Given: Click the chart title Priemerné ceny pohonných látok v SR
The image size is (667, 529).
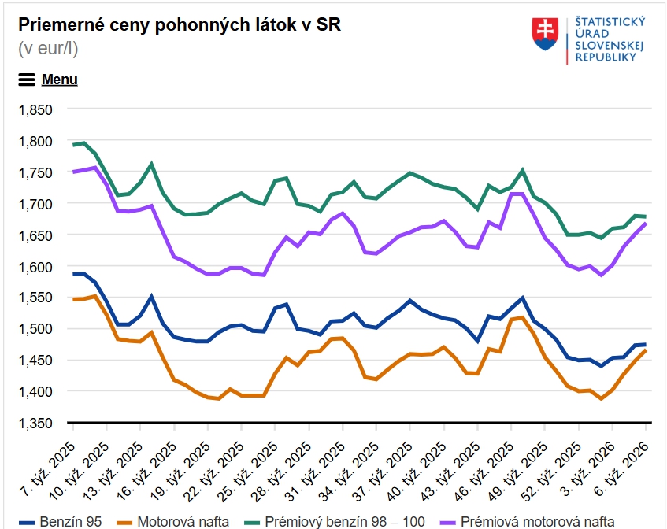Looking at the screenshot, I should pyautogui.click(x=180, y=24).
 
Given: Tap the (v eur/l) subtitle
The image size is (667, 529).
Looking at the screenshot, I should pyautogui.click(x=48, y=49).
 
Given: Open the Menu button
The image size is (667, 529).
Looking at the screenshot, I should pyautogui.click(x=48, y=80).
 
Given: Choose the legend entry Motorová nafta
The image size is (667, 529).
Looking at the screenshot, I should pyautogui.click(x=172, y=520).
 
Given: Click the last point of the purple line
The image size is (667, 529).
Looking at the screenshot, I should pyautogui.click(x=646, y=224).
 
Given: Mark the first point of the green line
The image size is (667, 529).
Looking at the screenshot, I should pyautogui.click(x=73, y=145).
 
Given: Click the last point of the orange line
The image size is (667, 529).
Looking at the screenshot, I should pyautogui.click(x=646, y=350).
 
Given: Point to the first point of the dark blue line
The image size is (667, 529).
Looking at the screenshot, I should pyautogui.click(x=73, y=274).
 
